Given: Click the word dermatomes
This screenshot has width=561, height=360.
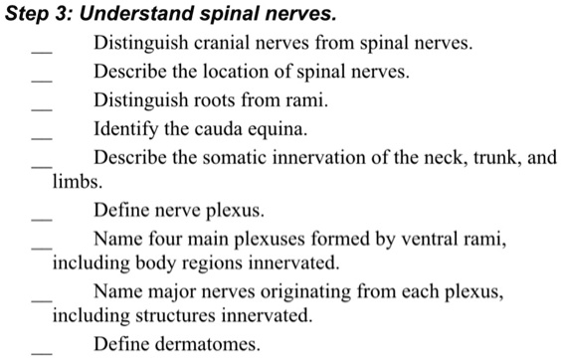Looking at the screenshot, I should [205, 345].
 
